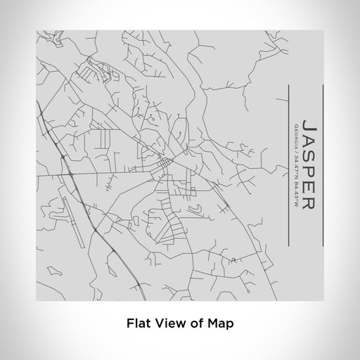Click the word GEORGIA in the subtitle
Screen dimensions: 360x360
coord(297,134)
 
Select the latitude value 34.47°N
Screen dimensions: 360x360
coord(297,169)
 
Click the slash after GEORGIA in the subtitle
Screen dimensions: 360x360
coord(297,150)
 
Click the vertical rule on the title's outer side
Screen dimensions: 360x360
coord(323,165)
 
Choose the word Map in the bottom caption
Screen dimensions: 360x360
coord(221,323)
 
